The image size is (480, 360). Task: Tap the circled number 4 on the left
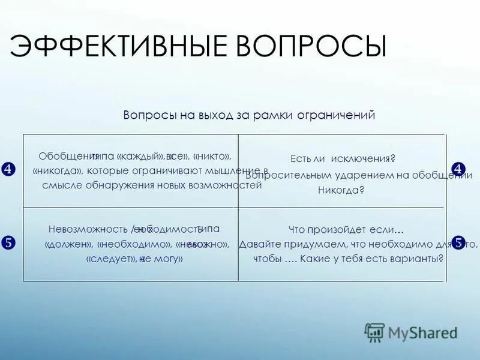point(8,169)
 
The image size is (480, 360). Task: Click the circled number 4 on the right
point(458,169)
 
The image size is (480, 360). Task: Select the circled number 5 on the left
point(8,243)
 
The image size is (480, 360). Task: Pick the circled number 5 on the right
point(458,243)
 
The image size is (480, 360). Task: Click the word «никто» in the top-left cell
point(212,157)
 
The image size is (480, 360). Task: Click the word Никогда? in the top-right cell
point(341,190)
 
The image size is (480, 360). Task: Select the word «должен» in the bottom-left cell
point(68,244)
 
